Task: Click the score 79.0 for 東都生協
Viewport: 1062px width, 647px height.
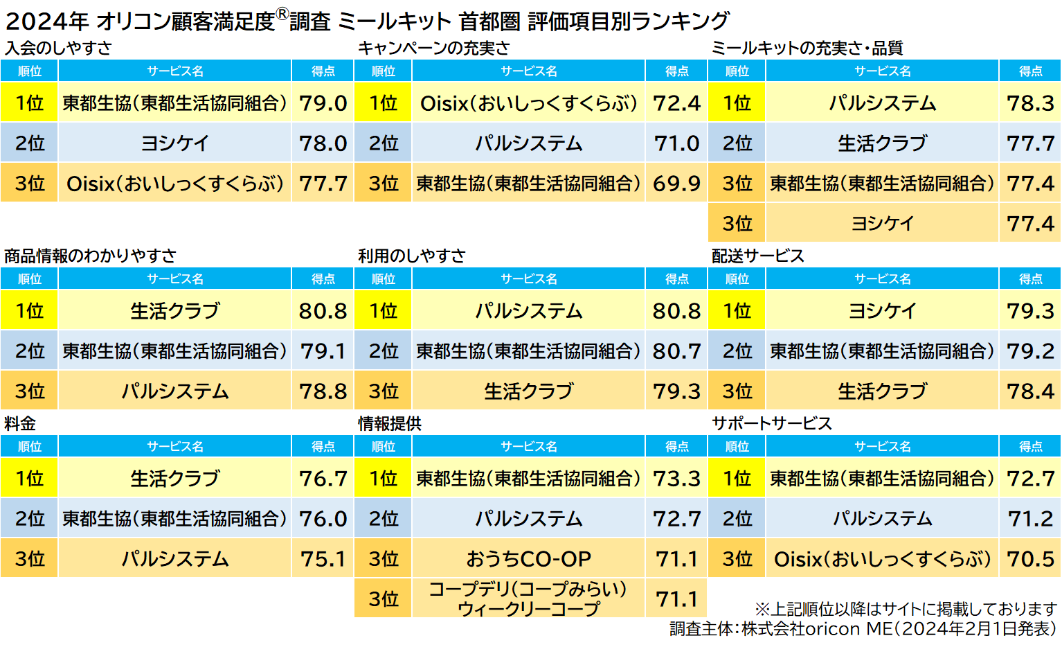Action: (x=323, y=103)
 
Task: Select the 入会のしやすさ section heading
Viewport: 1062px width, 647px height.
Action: (x=58, y=48)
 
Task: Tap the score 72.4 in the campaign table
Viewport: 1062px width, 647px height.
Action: (x=676, y=103)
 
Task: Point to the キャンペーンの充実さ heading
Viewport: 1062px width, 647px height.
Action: (x=433, y=48)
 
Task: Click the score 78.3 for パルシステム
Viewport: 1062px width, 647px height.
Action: (x=1030, y=103)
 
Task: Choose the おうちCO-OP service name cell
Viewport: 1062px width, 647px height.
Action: (x=528, y=559)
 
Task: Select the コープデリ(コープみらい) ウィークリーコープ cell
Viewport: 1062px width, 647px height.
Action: (x=528, y=599)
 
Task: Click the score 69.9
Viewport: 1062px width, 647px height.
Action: (x=676, y=184)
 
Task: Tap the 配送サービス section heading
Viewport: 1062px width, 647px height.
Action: (x=758, y=256)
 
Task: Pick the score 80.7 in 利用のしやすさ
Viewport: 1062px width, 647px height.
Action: (x=676, y=351)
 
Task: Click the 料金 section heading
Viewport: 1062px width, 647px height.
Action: (x=20, y=423)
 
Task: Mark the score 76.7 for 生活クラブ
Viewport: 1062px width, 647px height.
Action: (x=323, y=479)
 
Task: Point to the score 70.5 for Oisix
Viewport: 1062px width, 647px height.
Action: (x=1030, y=559)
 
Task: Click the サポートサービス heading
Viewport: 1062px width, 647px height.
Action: (x=772, y=423)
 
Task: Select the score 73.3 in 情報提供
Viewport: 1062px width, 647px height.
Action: (x=676, y=479)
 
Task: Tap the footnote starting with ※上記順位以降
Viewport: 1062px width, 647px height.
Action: (x=906, y=609)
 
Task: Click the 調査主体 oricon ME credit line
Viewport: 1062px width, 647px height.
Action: (x=863, y=629)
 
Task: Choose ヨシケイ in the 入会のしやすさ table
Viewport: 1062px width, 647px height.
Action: (x=174, y=143)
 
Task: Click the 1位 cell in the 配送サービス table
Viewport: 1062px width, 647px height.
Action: (x=737, y=311)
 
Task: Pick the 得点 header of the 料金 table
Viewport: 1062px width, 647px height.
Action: (x=323, y=447)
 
